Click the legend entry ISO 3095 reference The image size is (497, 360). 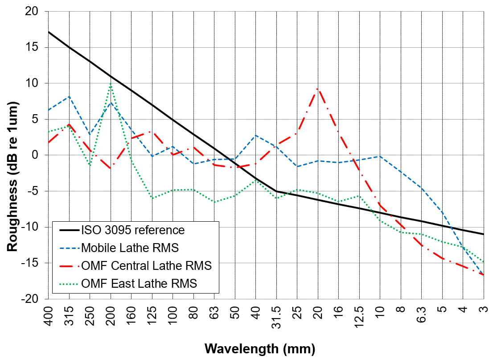(x=132, y=230)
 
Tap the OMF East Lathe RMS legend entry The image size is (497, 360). (x=139, y=283)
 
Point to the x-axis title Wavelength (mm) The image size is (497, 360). (x=260, y=348)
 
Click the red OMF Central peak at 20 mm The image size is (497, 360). (x=318, y=89)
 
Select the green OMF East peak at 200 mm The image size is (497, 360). (x=111, y=84)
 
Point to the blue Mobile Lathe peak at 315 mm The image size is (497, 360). (x=69, y=96)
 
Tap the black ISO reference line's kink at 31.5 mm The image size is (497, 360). (x=276, y=191)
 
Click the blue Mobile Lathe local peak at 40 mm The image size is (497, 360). (x=256, y=135)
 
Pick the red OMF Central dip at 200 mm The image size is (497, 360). (x=111, y=168)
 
